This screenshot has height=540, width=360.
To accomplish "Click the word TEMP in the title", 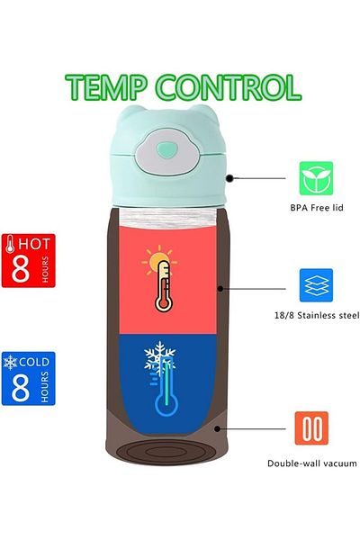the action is coord(106,87).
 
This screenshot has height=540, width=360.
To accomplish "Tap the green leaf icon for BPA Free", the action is coord(316,178).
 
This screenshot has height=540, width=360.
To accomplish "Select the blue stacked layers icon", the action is coord(316,285).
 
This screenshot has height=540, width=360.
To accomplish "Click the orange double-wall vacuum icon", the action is coord(311,428).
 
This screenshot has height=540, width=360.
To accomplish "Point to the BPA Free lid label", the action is coord(317,208).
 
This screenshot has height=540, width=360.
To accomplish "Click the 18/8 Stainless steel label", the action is coord(317,315).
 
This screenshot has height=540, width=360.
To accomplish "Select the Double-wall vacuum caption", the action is coord(312,463).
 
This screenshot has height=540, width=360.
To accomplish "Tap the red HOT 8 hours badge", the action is coord(28,260).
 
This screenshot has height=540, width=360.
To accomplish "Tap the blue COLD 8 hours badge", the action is coord(28,379).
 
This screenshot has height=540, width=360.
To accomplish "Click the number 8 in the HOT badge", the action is coord(21,268).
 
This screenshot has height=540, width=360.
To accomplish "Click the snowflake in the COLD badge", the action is coord(10,363).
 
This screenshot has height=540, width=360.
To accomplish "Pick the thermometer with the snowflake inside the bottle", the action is coord(163,378).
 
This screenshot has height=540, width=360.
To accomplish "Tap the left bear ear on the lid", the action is coord(128,114).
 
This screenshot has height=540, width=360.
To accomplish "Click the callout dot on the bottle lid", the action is coord(229,178).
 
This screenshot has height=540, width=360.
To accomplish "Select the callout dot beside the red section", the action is coord(220,289).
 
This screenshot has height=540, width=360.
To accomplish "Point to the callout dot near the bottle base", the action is coord(217,428).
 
